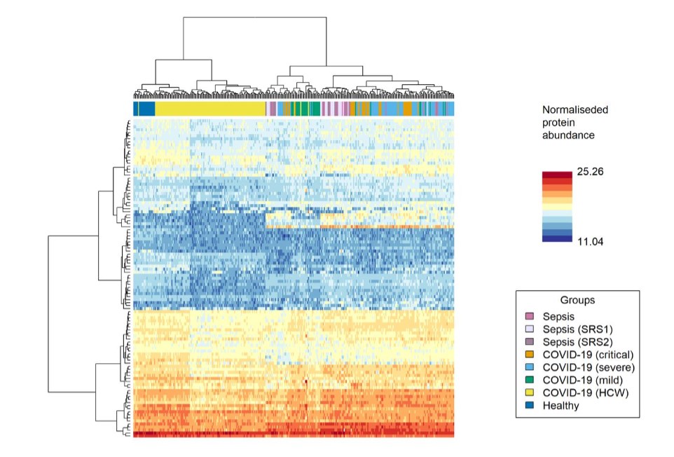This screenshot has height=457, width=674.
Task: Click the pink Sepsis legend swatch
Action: click(530, 317)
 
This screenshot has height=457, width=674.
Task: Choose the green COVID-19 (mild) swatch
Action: click(530, 380)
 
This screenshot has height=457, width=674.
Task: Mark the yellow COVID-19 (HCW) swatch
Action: click(530, 393)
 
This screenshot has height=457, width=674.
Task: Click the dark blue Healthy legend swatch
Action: click(530, 405)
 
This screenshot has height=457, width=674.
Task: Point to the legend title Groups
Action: click(577, 300)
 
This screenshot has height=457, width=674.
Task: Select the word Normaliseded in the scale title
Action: click(575, 110)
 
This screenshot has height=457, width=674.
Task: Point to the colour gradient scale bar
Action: click(557, 206)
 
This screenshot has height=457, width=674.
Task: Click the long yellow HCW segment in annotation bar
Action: click(210, 109)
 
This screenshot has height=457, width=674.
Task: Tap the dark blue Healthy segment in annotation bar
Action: click(144, 109)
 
